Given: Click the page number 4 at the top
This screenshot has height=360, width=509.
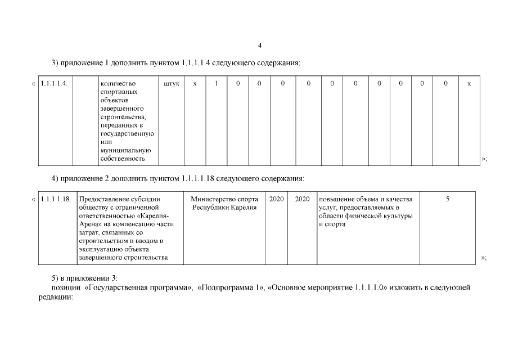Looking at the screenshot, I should (259, 45).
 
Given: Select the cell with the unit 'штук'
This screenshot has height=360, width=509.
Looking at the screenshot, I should (172, 84).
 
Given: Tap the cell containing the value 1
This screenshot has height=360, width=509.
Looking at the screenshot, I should (216, 84).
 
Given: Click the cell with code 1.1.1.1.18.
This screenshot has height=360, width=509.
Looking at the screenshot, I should (56, 199).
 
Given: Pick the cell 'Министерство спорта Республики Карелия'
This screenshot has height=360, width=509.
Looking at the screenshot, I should (224, 203).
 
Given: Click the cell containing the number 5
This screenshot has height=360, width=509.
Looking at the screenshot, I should (447, 199).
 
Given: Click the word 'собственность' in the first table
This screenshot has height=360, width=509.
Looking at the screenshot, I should (123, 159).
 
